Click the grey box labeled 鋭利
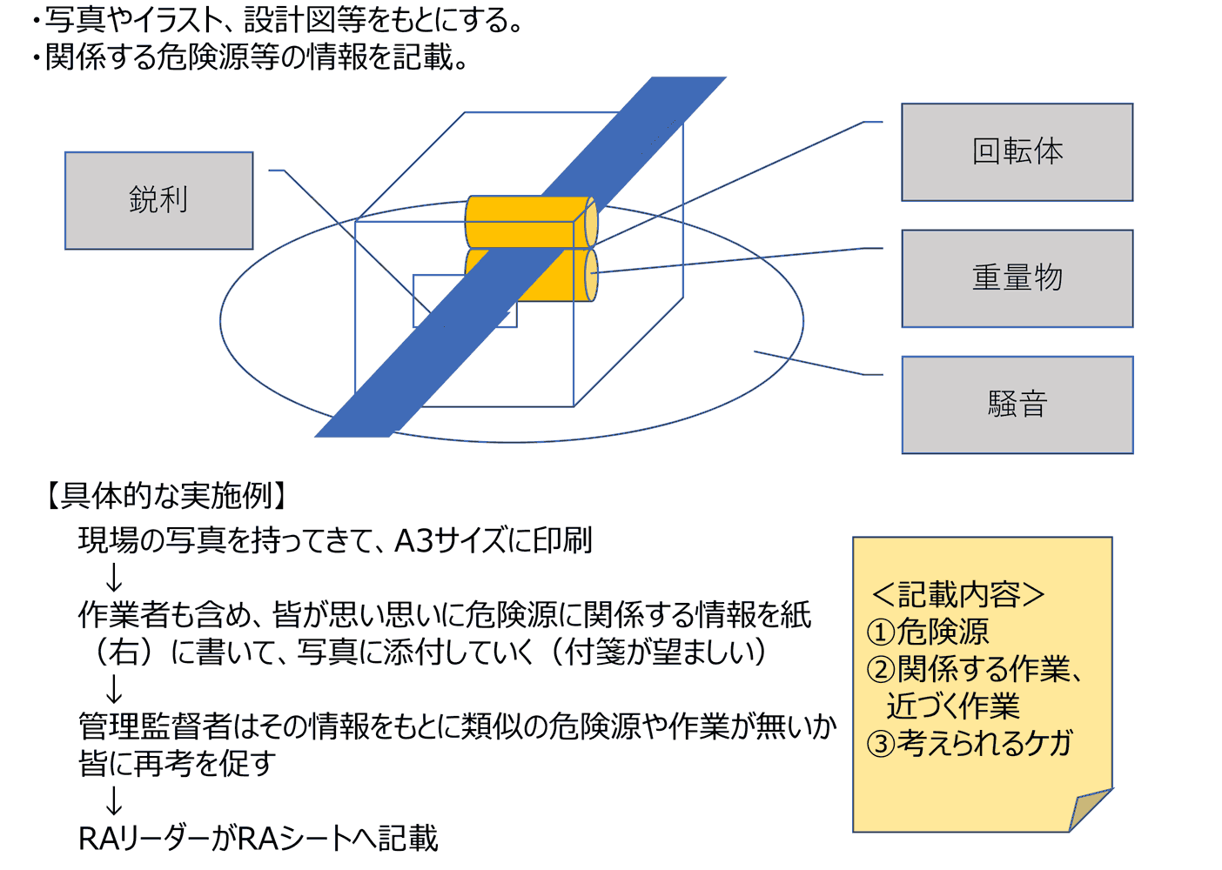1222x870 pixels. coord(158,201)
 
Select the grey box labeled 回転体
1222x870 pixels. coord(1017,152)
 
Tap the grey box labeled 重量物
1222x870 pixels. coord(1017,278)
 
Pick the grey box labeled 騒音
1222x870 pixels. coord(1017,405)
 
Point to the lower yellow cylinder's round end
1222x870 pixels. coord(591,275)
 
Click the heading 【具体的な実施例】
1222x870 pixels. coord(166,496)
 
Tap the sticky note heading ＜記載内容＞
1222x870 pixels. coord(958,594)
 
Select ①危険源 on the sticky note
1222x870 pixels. coord(928,631)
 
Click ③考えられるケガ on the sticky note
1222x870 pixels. coord(970,743)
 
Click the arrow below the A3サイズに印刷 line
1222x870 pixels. coord(113,578)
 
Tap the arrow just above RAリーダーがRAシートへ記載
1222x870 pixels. coord(113,800)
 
